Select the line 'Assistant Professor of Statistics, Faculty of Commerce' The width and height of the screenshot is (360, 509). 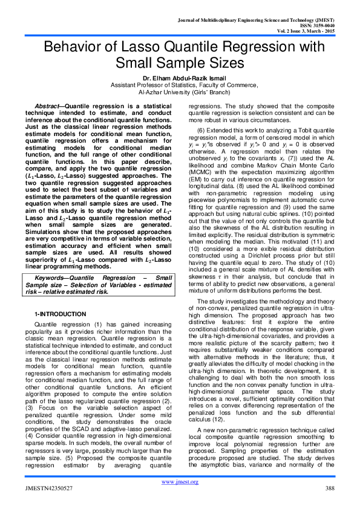click(180, 86)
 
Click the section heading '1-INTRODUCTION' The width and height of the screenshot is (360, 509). click(59, 315)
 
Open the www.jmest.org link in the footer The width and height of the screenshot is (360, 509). click(179, 482)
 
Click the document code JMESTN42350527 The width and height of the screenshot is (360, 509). click(48, 488)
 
